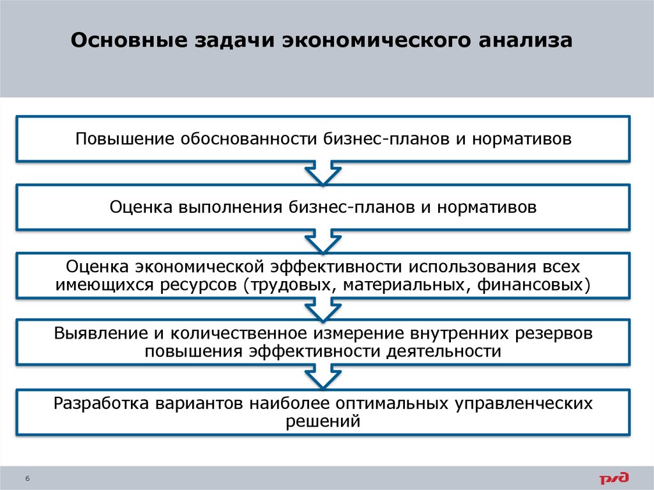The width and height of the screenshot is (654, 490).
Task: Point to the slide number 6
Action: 28,479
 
